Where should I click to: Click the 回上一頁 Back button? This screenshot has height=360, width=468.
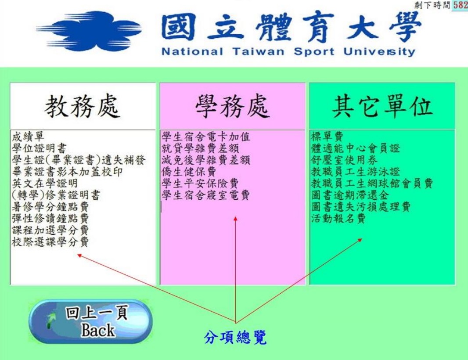(90, 322)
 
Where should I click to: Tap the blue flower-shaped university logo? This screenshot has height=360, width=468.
(89, 31)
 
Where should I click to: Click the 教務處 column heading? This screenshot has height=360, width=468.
(83, 106)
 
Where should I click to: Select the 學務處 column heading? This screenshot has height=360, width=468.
(233, 106)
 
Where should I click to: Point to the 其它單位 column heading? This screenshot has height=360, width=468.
(382, 106)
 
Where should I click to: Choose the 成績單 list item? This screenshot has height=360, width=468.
(29, 137)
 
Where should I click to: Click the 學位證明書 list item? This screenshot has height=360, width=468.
(39, 148)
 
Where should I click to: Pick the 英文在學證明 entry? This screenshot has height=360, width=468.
(45, 183)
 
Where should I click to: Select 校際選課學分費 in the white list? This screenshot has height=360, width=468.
(50, 242)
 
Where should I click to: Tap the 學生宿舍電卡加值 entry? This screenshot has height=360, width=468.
(205, 137)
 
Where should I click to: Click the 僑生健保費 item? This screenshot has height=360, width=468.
(189, 172)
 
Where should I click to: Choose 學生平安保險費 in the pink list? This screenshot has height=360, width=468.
(200, 183)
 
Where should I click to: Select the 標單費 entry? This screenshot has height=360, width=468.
(327, 137)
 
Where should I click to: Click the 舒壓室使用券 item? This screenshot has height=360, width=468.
(344, 160)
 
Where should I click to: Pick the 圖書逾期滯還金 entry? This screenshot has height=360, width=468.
(350, 195)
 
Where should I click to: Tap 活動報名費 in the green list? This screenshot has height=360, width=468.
(338, 219)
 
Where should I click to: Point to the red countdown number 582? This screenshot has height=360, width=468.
(460, 5)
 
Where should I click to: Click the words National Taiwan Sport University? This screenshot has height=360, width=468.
(288, 52)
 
